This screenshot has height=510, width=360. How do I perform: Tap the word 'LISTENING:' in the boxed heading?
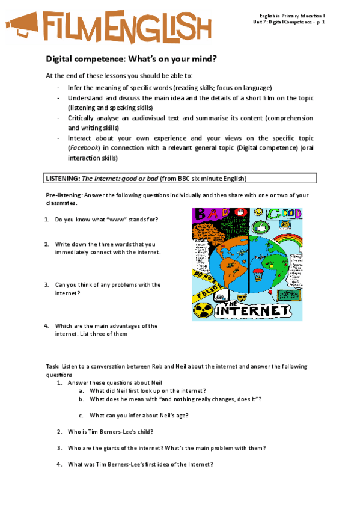[63, 179]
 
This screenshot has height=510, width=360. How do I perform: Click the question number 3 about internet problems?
[46, 284]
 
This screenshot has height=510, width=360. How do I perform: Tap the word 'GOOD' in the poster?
[282, 214]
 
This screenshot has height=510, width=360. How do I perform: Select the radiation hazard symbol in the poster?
[201, 310]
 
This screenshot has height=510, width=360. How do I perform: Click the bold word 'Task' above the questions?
[52, 366]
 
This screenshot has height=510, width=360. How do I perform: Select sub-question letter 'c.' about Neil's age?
[81, 415]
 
